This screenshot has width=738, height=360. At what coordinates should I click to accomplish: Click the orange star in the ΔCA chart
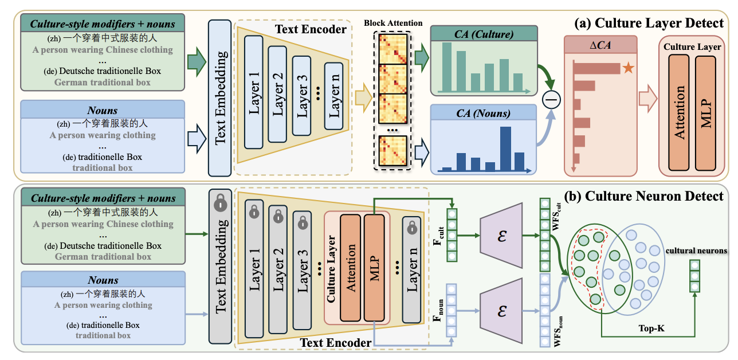(628, 69)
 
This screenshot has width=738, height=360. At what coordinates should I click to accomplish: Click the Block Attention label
(392, 24)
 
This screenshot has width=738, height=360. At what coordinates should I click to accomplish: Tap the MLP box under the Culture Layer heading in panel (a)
(705, 112)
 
